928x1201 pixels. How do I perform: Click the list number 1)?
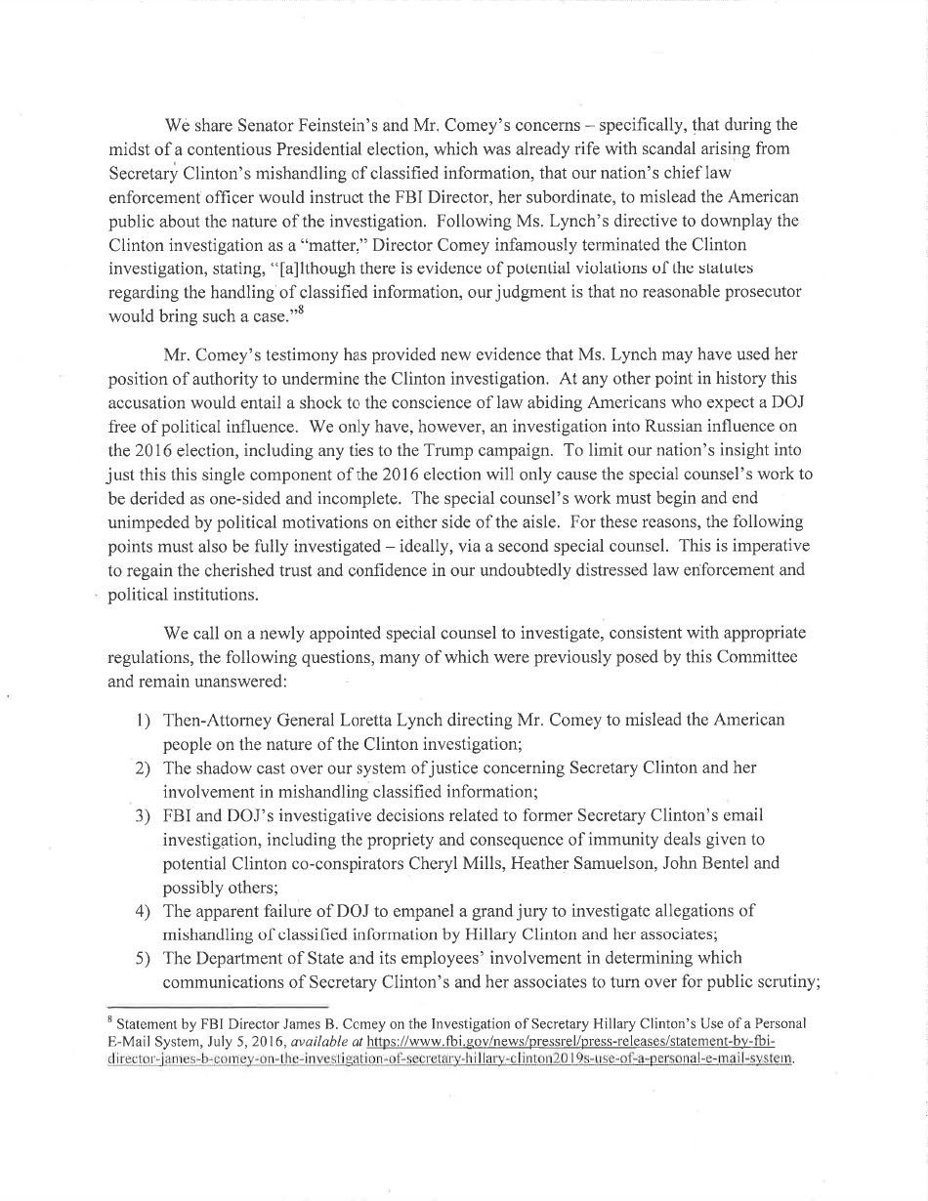pyautogui.click(x=142, y=721)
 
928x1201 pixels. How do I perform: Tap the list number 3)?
pyautogui.click(x=142, y=815)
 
